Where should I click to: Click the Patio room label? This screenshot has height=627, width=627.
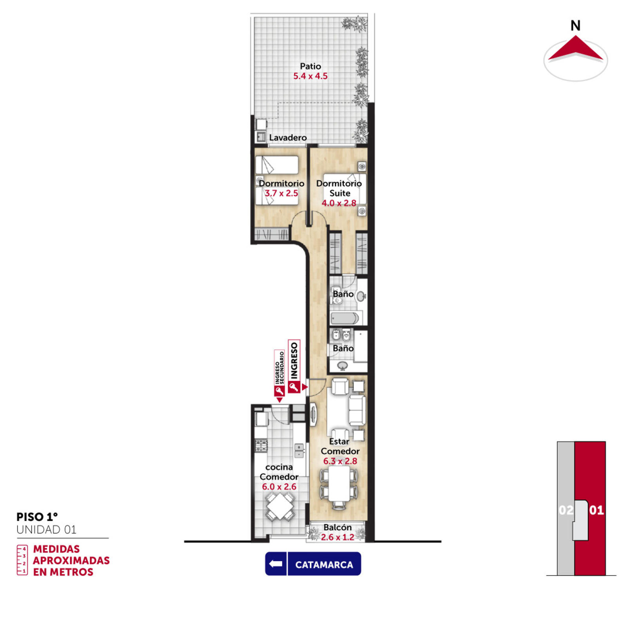coord(310,66)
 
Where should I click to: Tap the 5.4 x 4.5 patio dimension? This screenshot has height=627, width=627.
coord(310,76)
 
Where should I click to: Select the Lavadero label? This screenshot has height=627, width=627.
coord(288,138)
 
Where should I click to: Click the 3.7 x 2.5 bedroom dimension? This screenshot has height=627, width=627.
coord(281,193)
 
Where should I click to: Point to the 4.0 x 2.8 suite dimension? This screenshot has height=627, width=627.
coord(339,203)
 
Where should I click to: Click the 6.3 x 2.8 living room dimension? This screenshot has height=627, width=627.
coord(340,461)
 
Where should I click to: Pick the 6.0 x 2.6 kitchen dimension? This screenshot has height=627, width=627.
coord(279,487)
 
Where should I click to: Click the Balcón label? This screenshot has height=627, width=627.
coord(337,527)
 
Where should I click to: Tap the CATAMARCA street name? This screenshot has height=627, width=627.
coord(324,565)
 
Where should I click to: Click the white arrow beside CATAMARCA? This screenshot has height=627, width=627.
coord(276,564)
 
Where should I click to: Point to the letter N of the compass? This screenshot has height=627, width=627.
coord(575,26)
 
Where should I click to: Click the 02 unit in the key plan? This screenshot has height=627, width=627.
coord(566,510)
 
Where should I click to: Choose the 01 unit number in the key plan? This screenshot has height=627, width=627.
coord(596,510)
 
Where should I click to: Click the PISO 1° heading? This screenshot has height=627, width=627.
coord(37,517)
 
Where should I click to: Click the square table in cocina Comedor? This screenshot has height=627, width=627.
coord(279,506)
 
